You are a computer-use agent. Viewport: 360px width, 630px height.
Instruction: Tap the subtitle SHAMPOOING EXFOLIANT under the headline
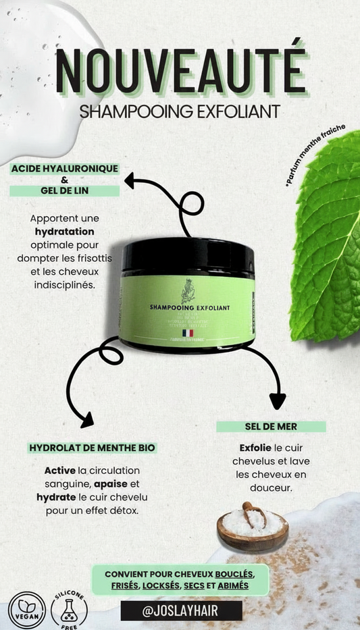[180, 111]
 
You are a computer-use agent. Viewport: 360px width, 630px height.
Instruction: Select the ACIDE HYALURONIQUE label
[65, 168]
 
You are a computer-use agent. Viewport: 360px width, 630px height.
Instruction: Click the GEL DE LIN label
[65, 191]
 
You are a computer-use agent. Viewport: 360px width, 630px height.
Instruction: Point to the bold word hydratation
[65, 232]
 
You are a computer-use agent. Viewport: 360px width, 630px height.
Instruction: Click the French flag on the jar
[187, 333]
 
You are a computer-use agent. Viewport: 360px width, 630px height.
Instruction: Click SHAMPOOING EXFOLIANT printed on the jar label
[190, 307]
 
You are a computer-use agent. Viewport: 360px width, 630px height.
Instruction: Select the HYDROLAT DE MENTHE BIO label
[92, 448]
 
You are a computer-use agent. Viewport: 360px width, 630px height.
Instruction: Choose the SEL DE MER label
[271, 427]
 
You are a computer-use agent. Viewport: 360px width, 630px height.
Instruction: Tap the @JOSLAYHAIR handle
[181, 611]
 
